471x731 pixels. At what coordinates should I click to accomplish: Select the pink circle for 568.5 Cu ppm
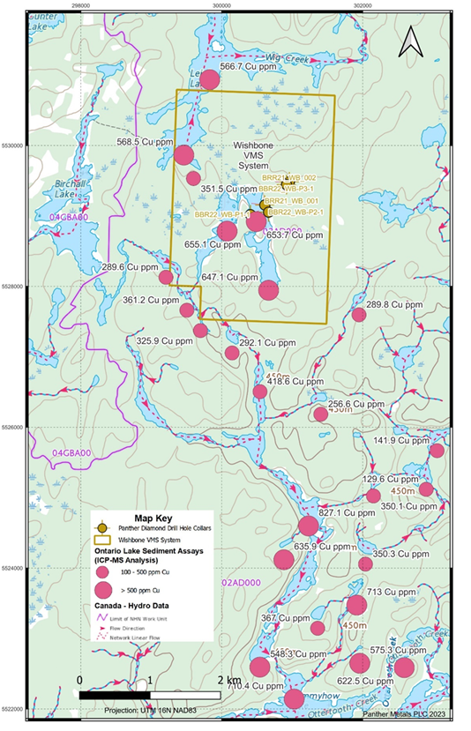pyautogui.click(x=183, y=155)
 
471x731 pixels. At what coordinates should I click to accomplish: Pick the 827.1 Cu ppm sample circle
pyautogui.click(x=308, y=526)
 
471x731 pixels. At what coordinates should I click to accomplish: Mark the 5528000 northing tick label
pyautogui.click(x=13, y=287)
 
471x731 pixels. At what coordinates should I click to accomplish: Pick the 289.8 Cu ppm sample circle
pyautogui.click(x=359, y=315)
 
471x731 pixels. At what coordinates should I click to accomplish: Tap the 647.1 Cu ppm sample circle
pyautogui.click(x=269, y=290)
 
